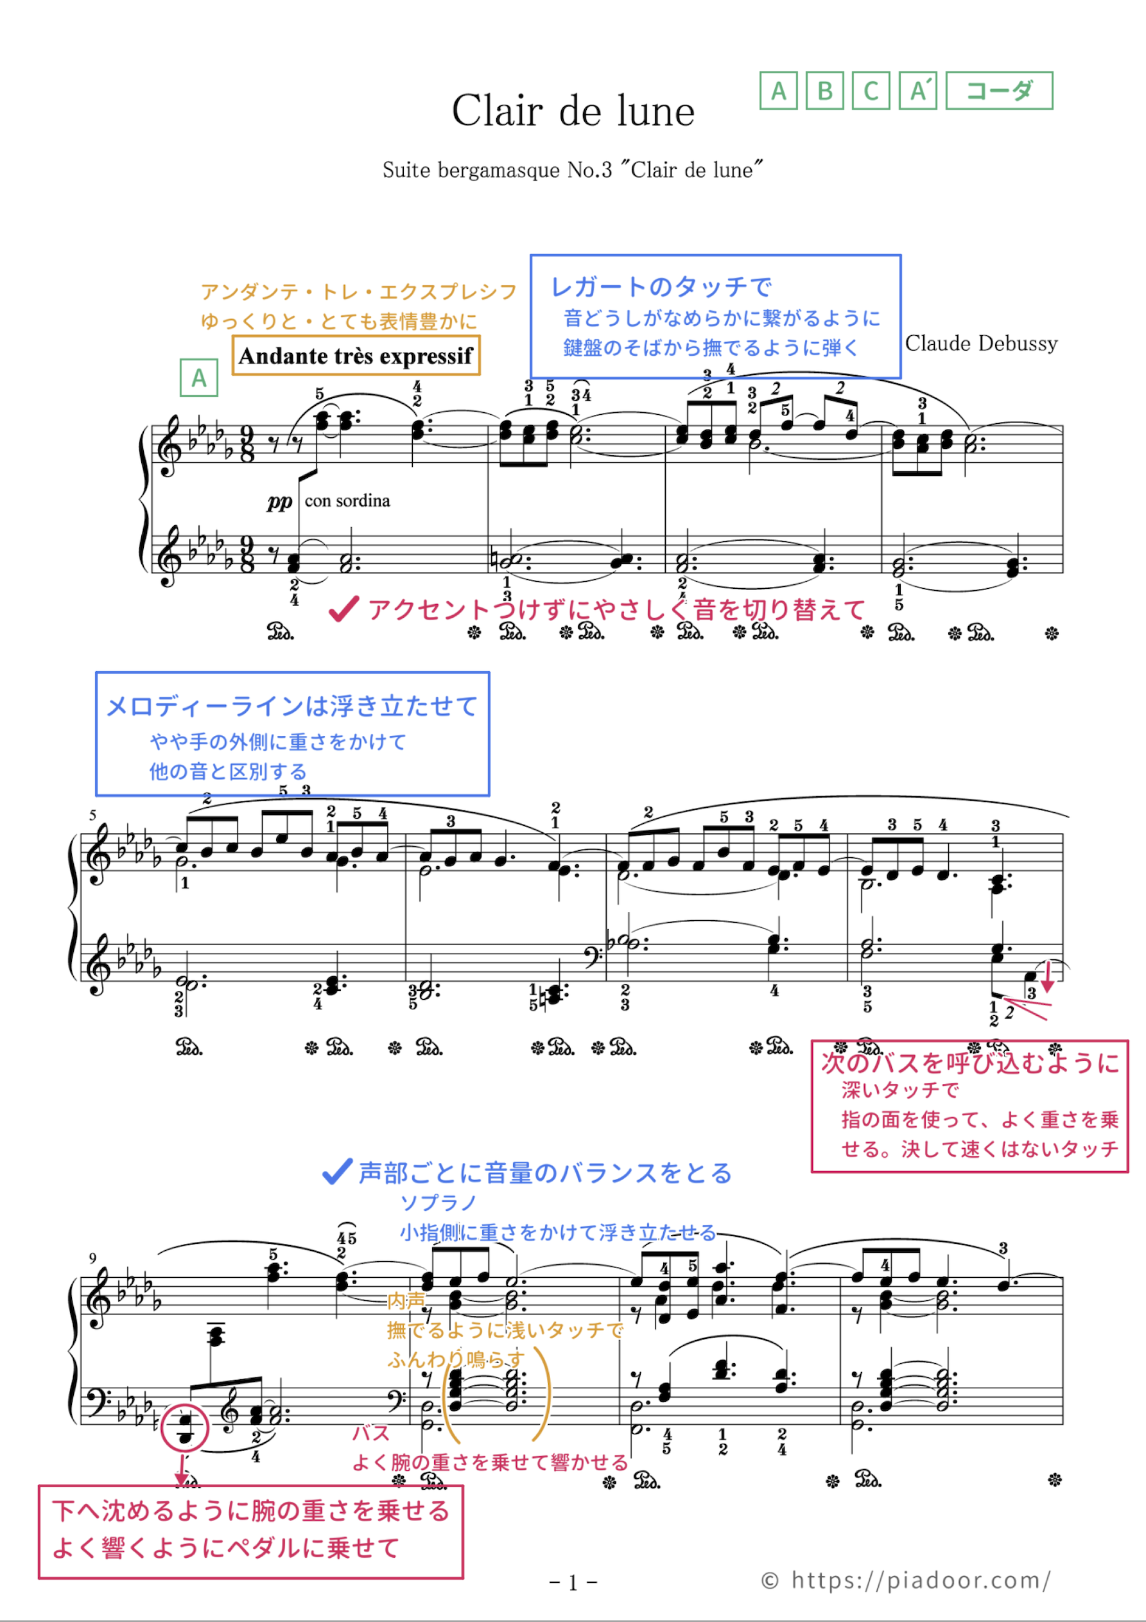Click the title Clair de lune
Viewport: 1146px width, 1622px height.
click(573, 111)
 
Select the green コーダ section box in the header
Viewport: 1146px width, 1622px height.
click(998, 91)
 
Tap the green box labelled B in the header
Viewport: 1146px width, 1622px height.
click(824, 91)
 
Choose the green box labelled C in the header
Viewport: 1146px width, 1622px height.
click(871, 91)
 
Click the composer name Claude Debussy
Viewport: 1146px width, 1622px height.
click(982, 344)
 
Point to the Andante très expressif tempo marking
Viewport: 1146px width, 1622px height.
click(356, 355)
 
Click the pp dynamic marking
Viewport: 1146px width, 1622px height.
click(280, 501)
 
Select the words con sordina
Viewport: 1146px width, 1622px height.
click(347, 501)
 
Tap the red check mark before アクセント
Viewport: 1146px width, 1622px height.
click(343, 609)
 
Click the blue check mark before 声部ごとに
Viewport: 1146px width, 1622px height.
click(337, 1171)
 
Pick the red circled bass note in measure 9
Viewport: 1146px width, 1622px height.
click(184, 1427)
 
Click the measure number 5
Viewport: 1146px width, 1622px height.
click(92, 815)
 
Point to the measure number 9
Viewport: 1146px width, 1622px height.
click(92, 1257)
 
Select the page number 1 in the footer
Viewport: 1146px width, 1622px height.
click(573, 1582)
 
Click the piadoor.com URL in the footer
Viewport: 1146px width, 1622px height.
click(920, 1580)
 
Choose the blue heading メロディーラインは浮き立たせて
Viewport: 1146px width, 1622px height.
click(292, 706)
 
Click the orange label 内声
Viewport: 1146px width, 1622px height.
click(406, 1300)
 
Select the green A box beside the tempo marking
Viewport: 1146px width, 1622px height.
click(198, 378)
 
